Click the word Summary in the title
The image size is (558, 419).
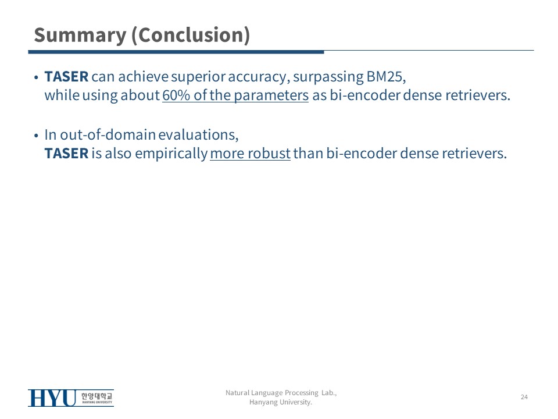tap(80, 35)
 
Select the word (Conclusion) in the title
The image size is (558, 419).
tap(191, 35)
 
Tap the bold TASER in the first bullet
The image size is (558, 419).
tap(66, 77)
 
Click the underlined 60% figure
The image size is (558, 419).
tap(176, 95)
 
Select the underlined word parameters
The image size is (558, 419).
tap(271, 96)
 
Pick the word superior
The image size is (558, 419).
tap(198, 77)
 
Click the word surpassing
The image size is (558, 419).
tap(328, 77)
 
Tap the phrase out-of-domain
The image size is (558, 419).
tap(108, 134)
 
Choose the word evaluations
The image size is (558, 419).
tap(198, 135)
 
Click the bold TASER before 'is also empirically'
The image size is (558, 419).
tap(66, 154)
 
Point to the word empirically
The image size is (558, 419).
tap(171, 154)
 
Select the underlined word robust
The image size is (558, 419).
tap(269, 154)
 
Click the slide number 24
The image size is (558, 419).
tap(524, 397)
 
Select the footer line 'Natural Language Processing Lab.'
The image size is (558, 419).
tap(281, 393)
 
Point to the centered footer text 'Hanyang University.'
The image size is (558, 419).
tap(281, 402)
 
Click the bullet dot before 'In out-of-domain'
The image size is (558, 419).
tap(36, 136)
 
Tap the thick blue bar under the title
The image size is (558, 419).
tap(176, 52)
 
